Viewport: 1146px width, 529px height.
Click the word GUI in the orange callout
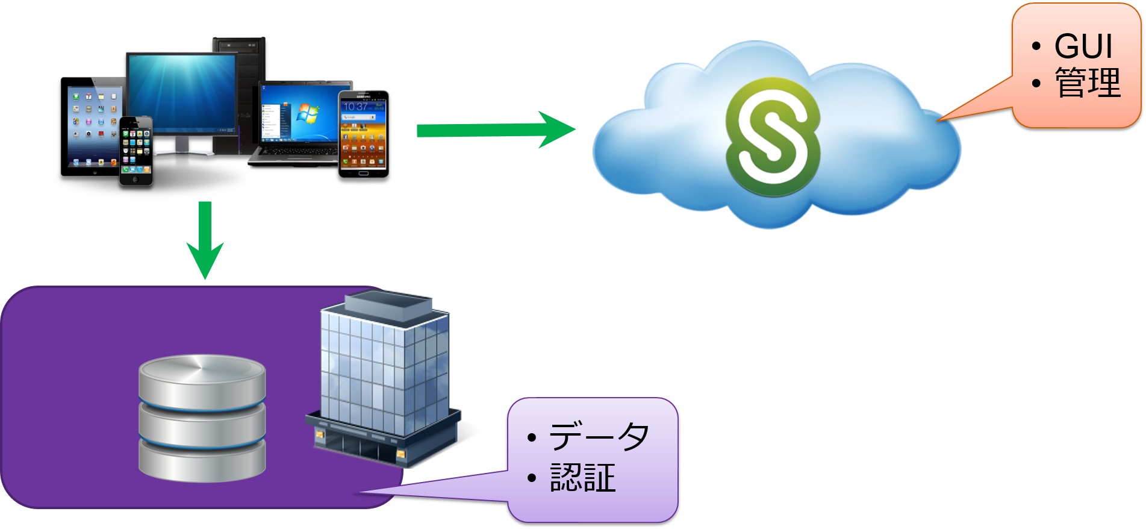point(1083,46)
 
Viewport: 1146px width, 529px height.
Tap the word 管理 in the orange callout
point(1088,83)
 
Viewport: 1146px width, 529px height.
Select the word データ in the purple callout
point(599,436)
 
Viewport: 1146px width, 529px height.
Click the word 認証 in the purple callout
point(582,478)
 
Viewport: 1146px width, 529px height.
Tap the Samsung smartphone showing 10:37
point(363,134)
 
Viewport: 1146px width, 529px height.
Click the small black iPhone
point(135,151)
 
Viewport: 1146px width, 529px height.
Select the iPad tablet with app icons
point(90,127)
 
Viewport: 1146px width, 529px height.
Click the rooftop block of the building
point(388,304)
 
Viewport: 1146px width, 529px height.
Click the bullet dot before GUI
point(1036,46)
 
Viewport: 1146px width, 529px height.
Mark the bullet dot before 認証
point(531,478)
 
